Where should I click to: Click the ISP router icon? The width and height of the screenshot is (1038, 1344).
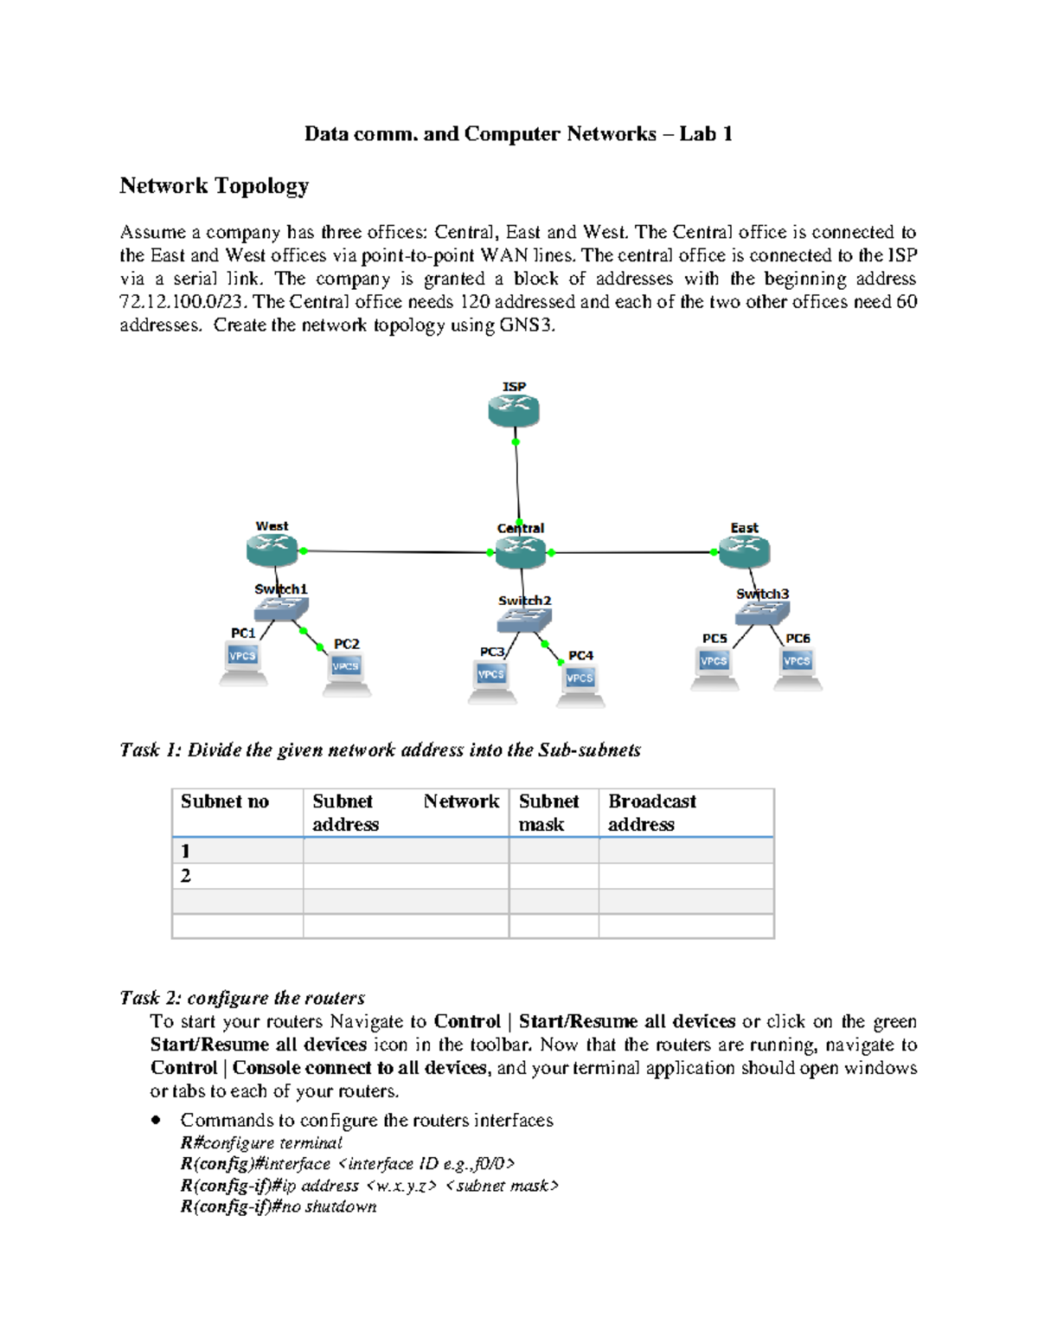(x=514, y=411)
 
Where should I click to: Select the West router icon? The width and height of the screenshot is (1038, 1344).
(x=272, y=550)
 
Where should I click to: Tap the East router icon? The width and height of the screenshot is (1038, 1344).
(x=744, y=551)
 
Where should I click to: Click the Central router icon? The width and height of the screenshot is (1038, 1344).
(x=521, y=552)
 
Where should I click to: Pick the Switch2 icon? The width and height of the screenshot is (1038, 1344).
(x=524, y=620)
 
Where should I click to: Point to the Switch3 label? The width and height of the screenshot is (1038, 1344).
(x=762, y=594)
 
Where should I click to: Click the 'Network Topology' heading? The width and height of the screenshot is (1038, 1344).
(x=214, y=186)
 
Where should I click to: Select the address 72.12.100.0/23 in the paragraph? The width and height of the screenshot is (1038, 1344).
(x=182, y=302)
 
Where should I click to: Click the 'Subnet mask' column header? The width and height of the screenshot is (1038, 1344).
(x=549, y=813)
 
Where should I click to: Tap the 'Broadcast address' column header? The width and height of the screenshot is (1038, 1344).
(x=652, y=813)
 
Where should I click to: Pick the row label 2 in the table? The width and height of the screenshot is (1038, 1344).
(x=186, y=876)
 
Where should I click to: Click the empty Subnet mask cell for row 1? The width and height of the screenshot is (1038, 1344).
(x=554, y=851)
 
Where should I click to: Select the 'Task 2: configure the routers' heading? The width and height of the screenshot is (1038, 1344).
(x=242, y=998)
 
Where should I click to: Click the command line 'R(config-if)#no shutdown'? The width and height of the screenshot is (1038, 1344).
(x=279, y=1206)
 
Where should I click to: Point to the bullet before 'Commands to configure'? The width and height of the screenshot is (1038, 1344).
(x=156, y=1120)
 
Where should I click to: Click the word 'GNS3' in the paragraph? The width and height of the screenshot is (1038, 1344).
(x=526, y=325)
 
